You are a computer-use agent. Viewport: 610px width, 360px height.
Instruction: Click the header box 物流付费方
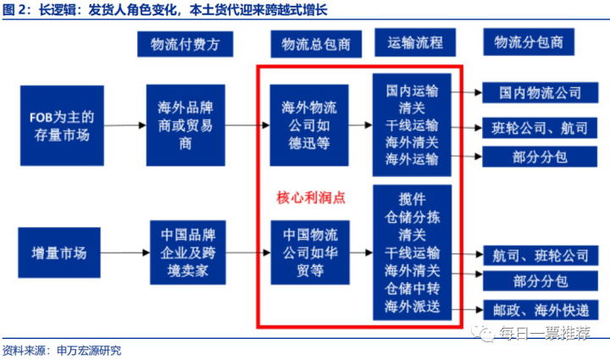[186, 44]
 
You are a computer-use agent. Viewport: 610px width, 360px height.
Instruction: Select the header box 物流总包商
[316, 44]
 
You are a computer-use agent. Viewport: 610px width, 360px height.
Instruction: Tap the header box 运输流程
[415, 42]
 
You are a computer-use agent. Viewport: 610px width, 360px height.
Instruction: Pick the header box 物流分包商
[529, 42]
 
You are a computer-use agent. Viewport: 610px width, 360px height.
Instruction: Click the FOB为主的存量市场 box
[62, 125]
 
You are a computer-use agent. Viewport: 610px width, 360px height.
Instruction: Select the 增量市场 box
[59, 252]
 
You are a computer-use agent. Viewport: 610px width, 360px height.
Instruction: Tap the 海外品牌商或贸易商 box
[186, 125]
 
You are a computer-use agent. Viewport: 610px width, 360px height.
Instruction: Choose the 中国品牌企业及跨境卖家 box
[188, 252]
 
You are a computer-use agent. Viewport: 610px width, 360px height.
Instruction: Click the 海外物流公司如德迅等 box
[309, 125]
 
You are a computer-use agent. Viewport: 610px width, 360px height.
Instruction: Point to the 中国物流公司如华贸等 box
[310, 252]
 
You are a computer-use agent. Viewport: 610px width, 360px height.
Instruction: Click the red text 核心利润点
[311, 197]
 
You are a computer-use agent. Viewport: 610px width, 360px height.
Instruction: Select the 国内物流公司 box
[541, 93]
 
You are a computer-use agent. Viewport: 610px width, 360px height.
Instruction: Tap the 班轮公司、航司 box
[540, 128]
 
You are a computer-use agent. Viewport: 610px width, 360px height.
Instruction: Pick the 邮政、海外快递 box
[541, 310]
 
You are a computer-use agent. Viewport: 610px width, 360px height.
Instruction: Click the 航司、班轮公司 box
[541, 256]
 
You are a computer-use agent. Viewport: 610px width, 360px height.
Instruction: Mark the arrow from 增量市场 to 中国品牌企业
[125, 252]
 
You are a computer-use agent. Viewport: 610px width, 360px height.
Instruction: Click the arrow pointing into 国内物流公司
[467, 92]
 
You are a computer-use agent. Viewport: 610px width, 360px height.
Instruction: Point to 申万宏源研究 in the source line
[89, 351]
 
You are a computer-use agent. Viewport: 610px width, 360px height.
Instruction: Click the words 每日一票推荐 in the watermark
[545, 333]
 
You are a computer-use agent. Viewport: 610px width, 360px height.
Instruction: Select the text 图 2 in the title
[15, 9]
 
